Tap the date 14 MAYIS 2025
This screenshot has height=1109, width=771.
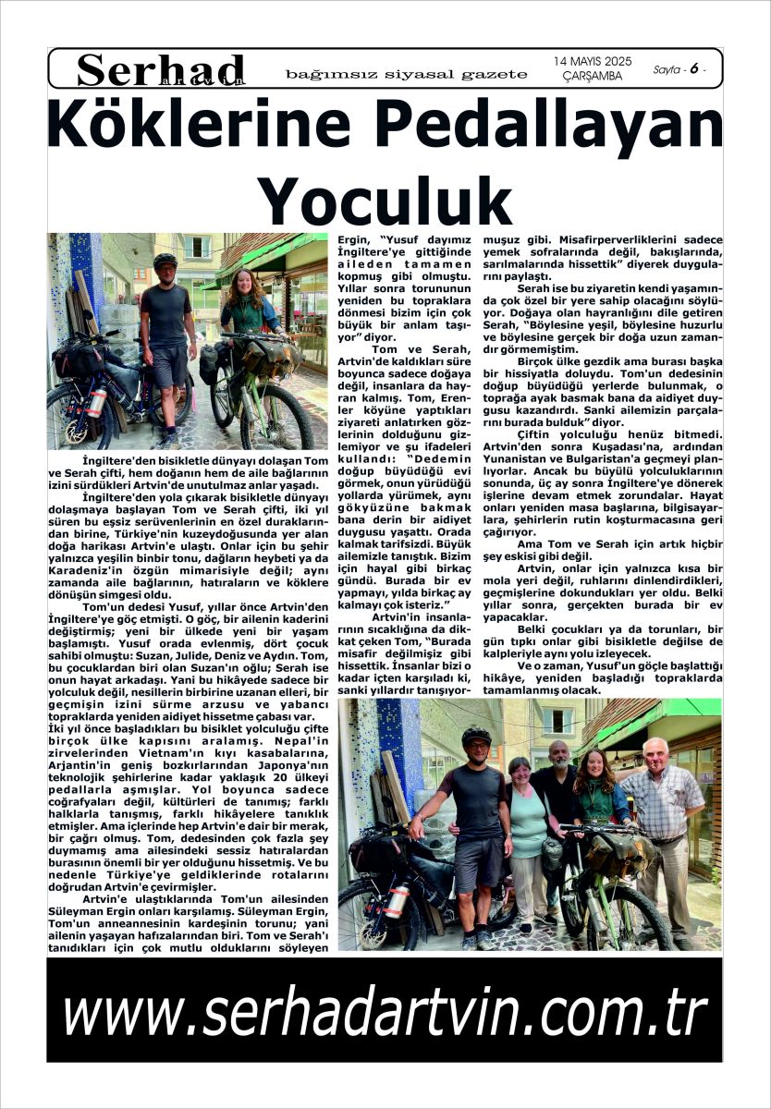593,61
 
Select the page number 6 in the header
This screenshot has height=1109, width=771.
691,68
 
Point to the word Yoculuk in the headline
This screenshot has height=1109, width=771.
384,196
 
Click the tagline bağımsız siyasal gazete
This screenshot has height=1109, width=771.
407,74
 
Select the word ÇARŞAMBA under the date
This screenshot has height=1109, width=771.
592,76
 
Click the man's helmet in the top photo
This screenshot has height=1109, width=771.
165,261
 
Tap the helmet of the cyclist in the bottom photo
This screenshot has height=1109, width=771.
475,737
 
